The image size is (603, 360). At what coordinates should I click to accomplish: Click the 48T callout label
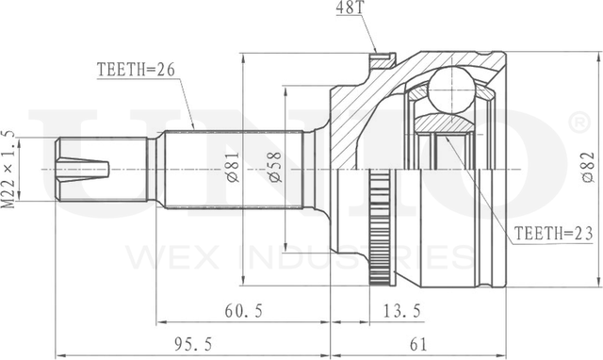point(350,8)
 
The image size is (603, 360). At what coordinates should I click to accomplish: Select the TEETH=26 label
point(136,70)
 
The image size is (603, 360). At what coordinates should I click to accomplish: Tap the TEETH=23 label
point(553,234)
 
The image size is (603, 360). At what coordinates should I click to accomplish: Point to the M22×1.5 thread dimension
point(9,170)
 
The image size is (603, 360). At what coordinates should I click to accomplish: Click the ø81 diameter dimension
point(233,167)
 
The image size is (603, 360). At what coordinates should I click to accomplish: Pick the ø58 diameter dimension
point(275,167)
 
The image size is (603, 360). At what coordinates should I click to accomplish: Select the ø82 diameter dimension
point(588,167)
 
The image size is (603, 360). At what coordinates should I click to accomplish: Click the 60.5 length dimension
point(244,311)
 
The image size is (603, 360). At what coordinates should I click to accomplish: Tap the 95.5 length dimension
point(193,344)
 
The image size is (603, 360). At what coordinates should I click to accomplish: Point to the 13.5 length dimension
point(402,311)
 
